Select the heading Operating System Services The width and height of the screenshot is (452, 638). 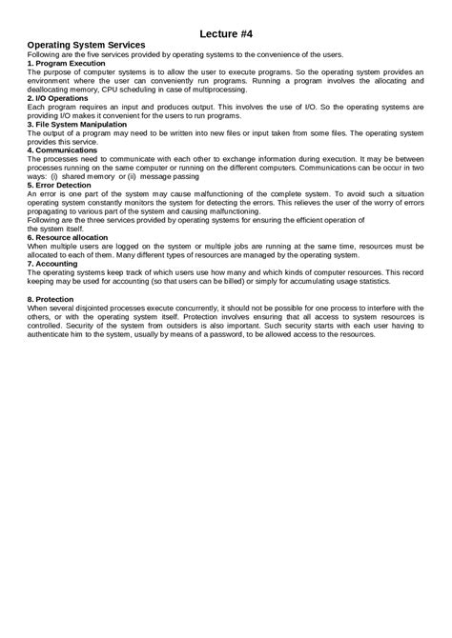[85, 45]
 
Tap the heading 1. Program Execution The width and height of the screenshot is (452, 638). [66, 63]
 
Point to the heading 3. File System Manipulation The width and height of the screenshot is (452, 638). [78, 124]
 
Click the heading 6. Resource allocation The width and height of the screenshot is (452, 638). [71, 236]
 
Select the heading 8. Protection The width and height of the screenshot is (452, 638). [55, 299]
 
